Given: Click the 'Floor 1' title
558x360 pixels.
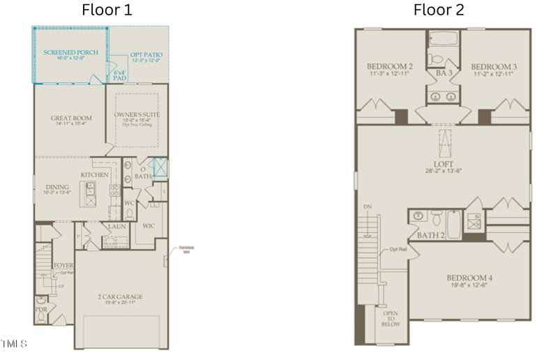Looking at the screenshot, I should click(x=106, y=10).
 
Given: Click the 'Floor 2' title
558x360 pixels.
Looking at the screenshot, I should click(x=438, y=10).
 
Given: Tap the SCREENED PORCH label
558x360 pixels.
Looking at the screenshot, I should click(x=70, y=52).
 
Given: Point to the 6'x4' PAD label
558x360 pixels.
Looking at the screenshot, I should click(x=119, y=74).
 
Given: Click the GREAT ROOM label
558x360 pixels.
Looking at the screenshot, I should click(x=71, y=118).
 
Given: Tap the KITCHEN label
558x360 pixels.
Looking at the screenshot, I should click(x=94, y=174).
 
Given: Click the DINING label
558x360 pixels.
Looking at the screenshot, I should click(x=57, y=187).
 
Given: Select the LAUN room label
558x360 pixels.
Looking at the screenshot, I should click(x=116, y=226).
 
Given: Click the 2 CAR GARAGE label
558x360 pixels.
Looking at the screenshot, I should click(x=120, y=297).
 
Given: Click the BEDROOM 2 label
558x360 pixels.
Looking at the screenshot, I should click(x=390, y=67).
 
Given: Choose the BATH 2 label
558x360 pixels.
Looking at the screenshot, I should click(x=432, y=235).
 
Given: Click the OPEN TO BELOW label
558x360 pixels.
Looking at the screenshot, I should click(x=390, y=320).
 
